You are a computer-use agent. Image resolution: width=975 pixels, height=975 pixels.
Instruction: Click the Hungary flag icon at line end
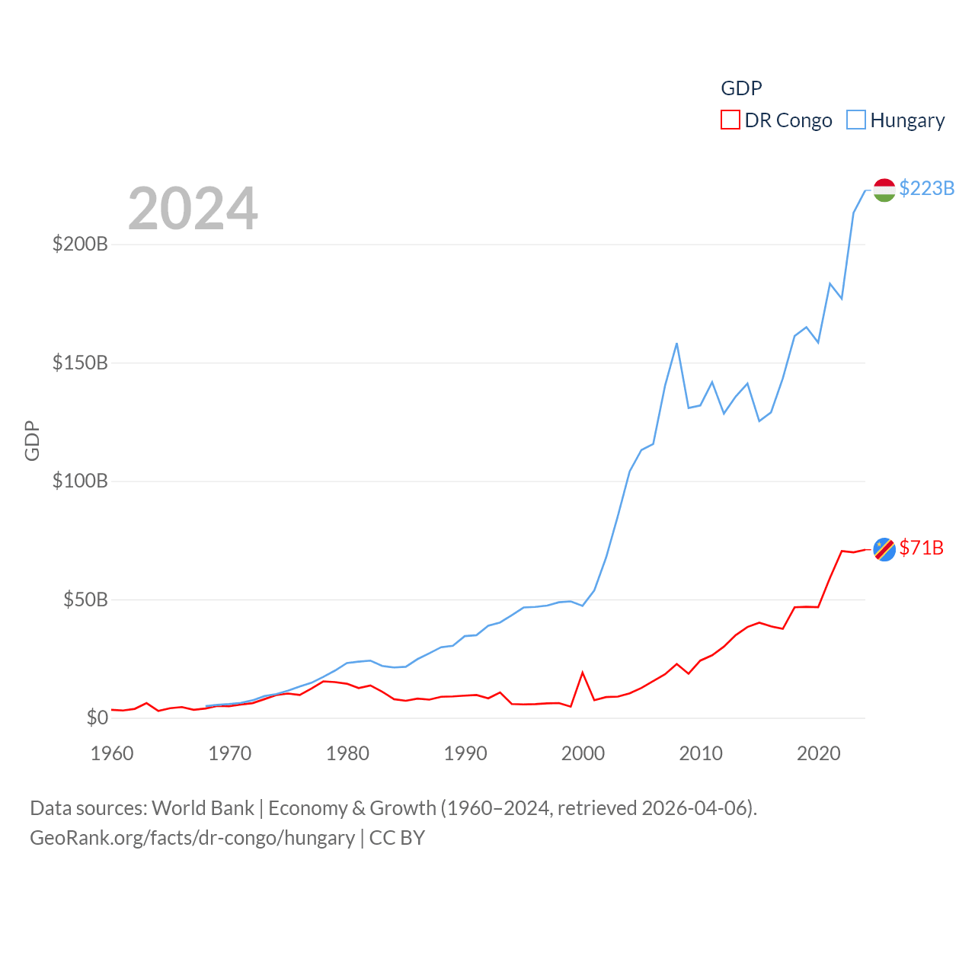[884, 190]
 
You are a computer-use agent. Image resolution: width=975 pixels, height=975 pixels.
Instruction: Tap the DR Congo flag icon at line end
[884, 549]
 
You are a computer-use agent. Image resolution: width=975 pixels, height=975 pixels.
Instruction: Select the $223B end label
[926, 188]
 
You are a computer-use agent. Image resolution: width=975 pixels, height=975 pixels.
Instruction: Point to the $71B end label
[921, 548]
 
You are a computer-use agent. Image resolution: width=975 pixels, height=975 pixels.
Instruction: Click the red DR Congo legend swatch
[730, 120]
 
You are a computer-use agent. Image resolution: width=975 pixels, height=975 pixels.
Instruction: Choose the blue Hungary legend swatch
[856, 120]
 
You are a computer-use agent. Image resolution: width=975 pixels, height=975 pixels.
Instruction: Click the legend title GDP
[741, 88]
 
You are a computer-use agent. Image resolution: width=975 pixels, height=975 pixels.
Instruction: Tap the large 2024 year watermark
[193, 208]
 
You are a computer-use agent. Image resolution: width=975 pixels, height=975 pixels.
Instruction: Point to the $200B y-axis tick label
[80, 244]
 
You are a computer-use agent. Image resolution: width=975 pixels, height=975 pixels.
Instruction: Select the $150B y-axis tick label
[80, 363]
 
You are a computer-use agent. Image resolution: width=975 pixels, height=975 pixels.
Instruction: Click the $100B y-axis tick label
[80, 481]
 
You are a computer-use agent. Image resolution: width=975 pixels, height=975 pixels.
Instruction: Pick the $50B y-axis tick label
[85, 599]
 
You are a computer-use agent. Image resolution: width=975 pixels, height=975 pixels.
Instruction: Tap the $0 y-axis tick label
[97, 718]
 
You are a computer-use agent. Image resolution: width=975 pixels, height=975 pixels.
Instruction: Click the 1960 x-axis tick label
[112, 753]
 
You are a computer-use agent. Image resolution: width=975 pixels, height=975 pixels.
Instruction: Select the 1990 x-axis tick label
[465, 753]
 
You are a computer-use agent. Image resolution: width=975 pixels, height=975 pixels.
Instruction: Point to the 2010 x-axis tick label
[701, 753]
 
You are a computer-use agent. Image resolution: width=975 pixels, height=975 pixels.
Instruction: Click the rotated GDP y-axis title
[32, 440]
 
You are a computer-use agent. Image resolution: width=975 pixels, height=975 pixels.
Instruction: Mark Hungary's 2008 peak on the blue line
[676, 344]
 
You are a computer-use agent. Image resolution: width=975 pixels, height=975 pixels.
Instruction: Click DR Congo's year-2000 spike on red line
[583, 673]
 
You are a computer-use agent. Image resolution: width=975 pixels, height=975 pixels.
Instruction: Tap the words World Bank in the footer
[203, 807]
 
